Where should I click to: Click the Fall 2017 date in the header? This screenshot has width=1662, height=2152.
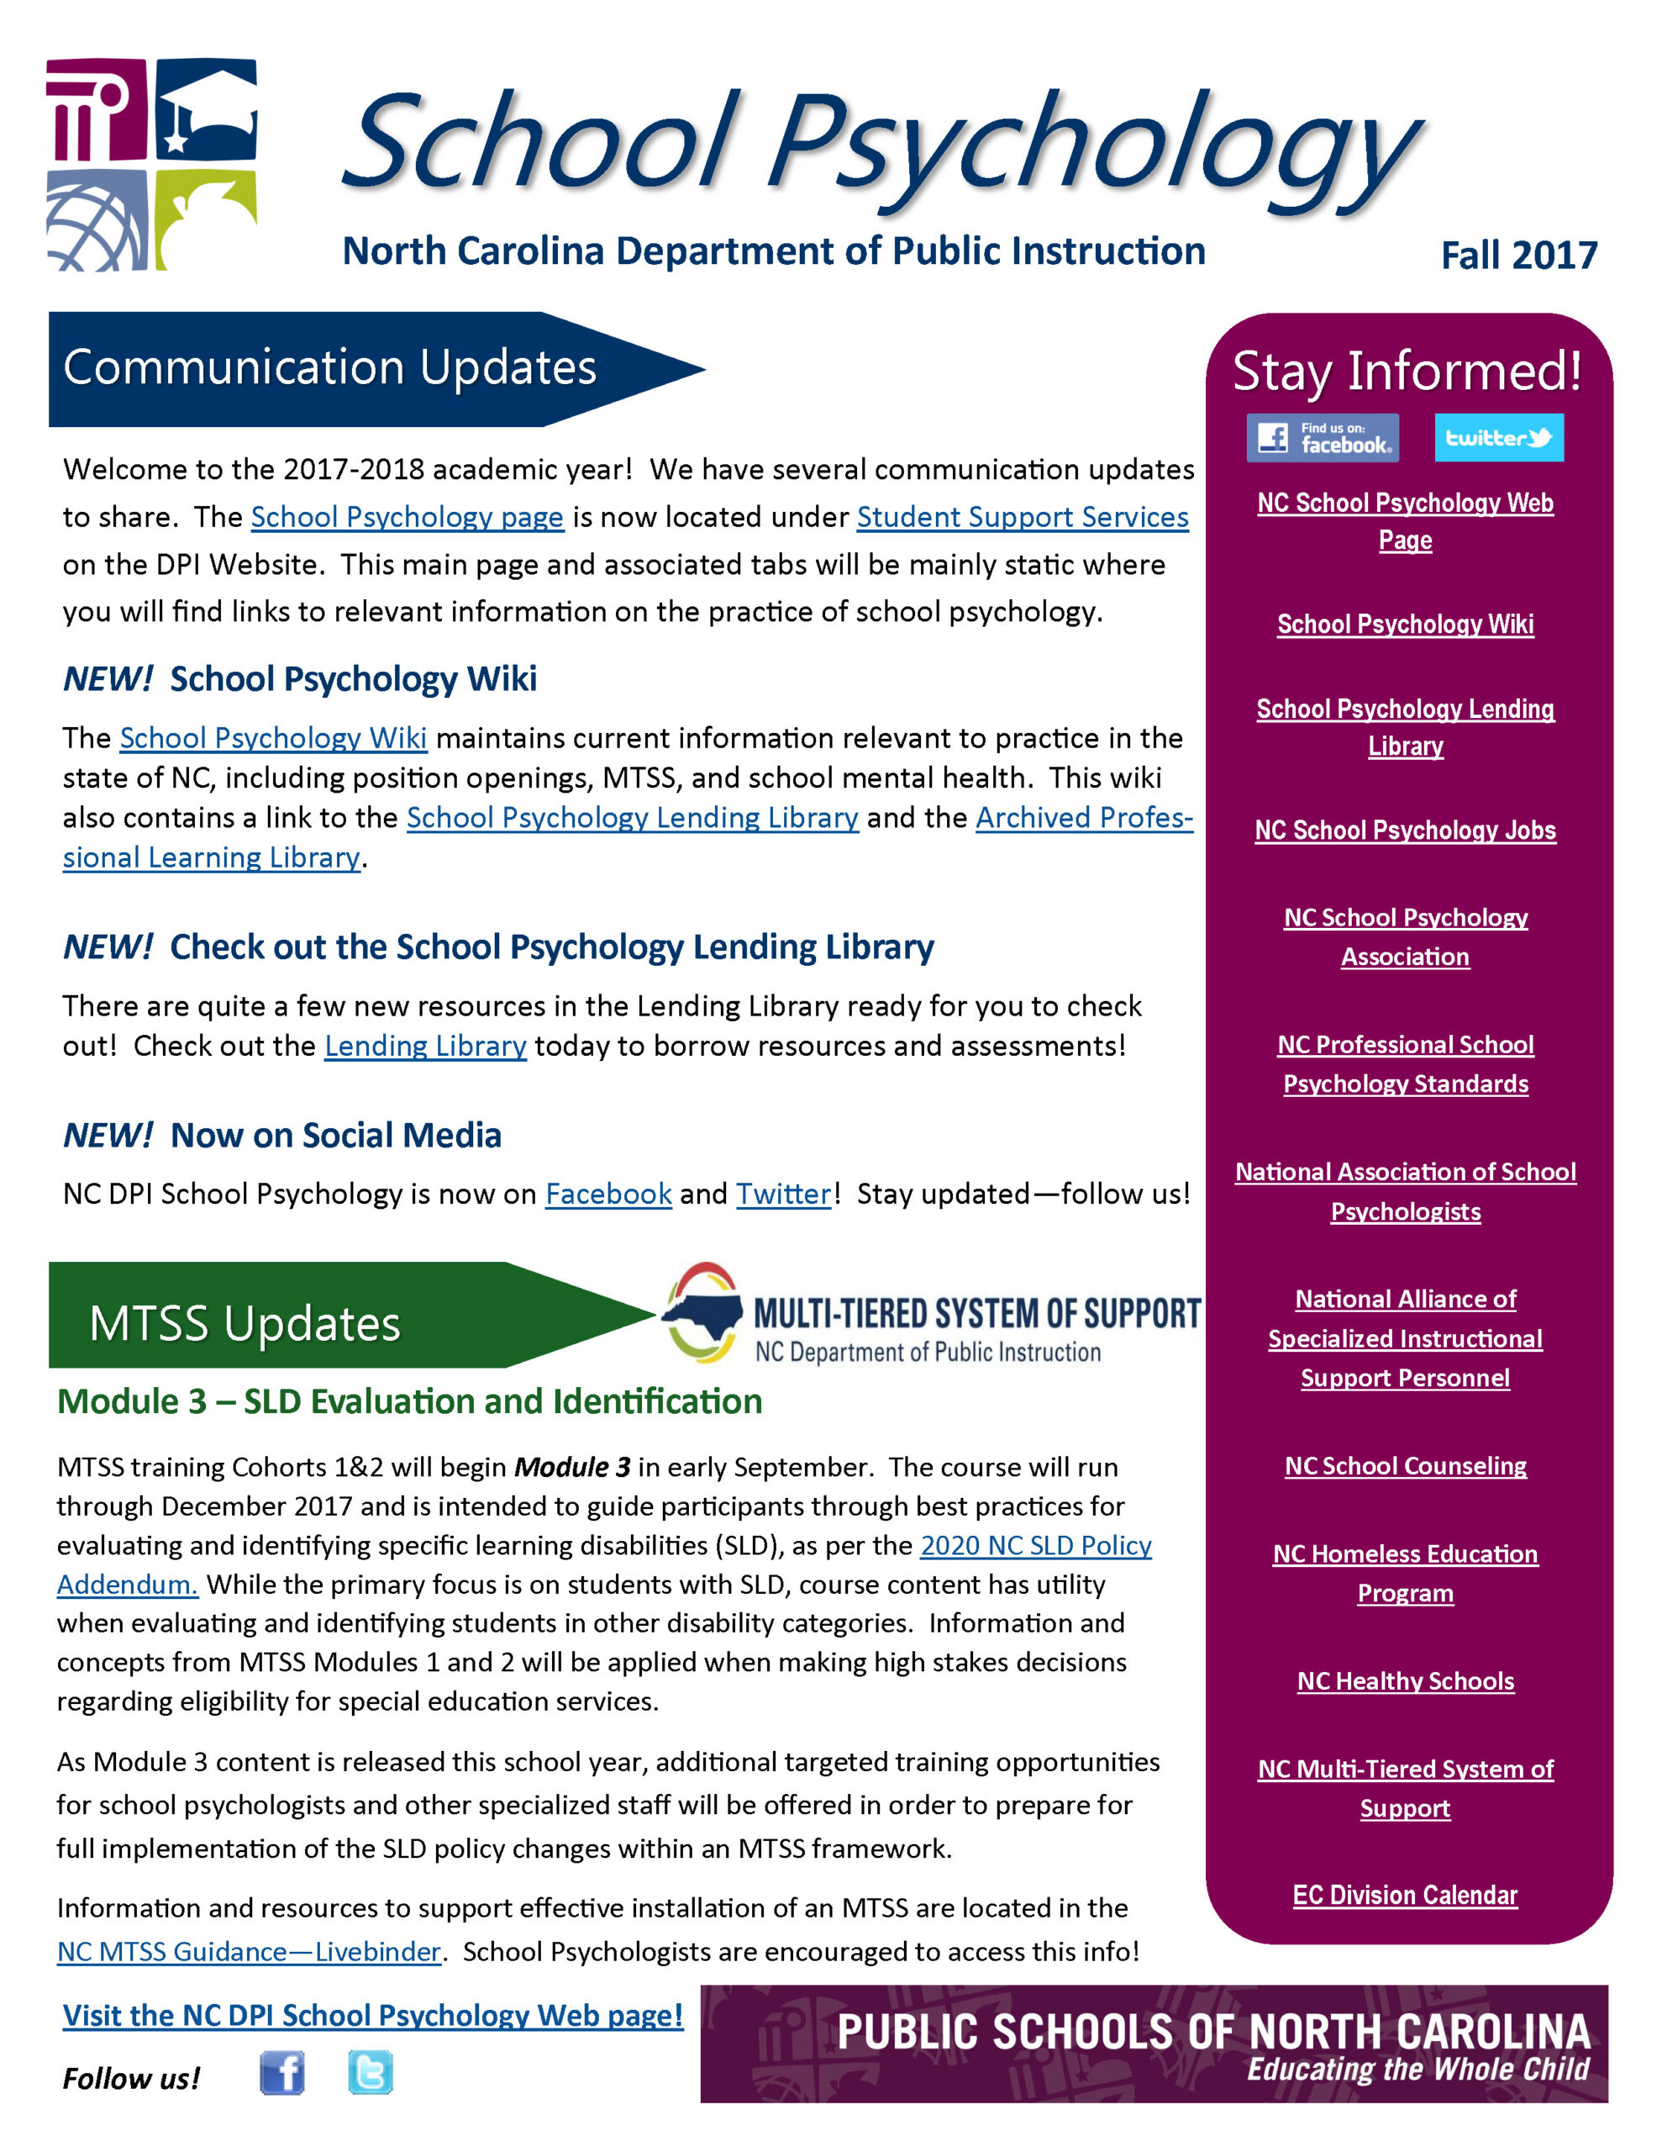pos(1517,256)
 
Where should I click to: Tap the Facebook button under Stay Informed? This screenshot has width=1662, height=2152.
pos(1321,437)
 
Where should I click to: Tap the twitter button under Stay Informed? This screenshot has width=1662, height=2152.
pos(1497,437)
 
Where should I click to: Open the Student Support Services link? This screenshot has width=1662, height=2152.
pos(1022,517)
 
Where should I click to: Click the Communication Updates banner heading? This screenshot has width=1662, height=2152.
pos(330,368)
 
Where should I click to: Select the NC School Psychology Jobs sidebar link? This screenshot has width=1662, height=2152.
pos(1404,831)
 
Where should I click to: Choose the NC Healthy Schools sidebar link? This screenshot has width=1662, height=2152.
pos(1404,1681)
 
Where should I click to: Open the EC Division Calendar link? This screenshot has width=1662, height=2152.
pos(1404,1895)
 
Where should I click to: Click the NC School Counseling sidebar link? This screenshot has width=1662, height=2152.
pos(1404,1466)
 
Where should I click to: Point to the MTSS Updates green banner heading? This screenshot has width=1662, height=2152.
pos(245,1323)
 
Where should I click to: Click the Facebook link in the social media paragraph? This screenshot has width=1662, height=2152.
pos(607,1195)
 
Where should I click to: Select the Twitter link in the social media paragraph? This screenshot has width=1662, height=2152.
pos(783,1195)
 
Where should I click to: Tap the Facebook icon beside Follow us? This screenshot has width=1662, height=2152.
pos(281,2073)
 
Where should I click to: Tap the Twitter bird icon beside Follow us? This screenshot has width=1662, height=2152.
pos(371,2072)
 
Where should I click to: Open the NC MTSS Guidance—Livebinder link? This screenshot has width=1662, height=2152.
pos(248,1952)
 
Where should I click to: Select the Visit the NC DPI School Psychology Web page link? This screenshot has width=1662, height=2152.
pos(372,2016)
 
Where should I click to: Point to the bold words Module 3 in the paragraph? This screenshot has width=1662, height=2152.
pos(571,1467)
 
